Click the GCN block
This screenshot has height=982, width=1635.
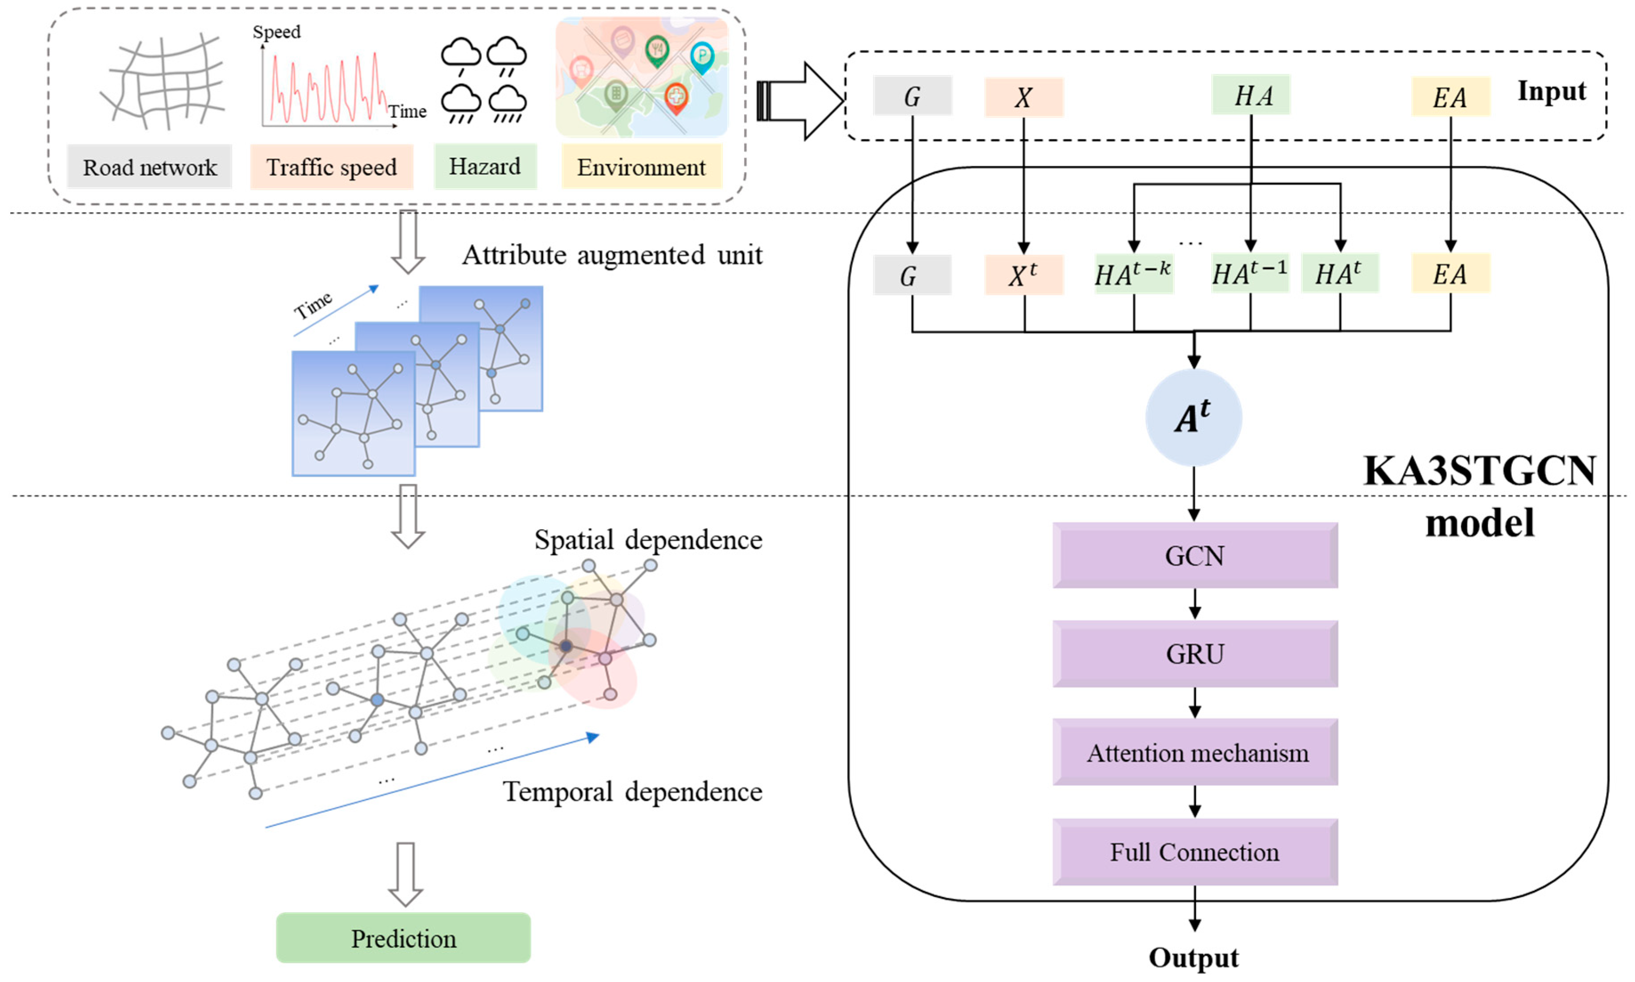click(1194, 556)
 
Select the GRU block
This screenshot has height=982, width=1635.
click(1194, 654)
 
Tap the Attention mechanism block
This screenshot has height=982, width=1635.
click(1194, 753)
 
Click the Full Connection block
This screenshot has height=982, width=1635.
click(1194, 852)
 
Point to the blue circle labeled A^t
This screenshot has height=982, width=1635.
click(1193, 418)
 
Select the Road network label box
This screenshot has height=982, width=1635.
click(149, 167)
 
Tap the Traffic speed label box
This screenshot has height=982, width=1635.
click(331, 167)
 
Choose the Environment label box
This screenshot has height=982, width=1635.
click(642, 167)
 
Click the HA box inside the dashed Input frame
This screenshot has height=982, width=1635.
click(1251, 96)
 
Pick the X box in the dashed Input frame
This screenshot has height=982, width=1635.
click(1023, 97)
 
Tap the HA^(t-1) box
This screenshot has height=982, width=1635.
click(1249, 273)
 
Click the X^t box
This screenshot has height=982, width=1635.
click(1023, 274)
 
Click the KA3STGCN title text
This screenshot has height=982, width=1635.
click(1479, 471)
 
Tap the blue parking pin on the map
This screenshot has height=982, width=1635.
click(702, 56)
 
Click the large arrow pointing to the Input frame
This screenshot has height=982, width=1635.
click(800, 101)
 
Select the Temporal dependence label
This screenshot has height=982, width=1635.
click(632, 791)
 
